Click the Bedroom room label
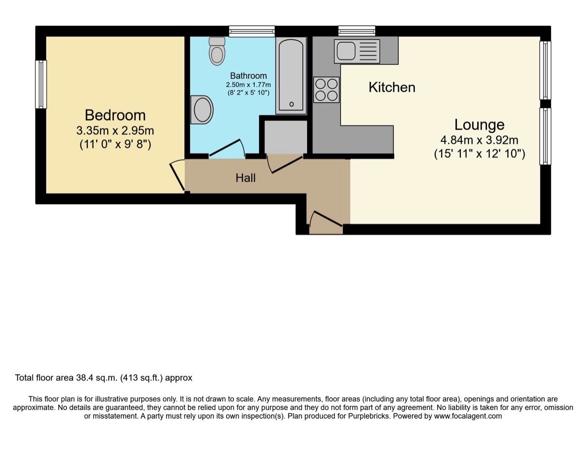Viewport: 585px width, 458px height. (x=115, y=115)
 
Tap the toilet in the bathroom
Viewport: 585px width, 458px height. (x=217, y=51)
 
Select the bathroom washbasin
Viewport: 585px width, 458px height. (x=202, y=110)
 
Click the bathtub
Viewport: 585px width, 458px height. (x=291, y=76)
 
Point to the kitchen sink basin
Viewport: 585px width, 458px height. (x=345, y=51)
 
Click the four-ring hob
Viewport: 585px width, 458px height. (x=326, y=90)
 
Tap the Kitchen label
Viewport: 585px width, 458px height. (x=392, y=87)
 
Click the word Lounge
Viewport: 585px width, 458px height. (x=479, y=125)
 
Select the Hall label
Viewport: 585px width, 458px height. (x=245, y=178)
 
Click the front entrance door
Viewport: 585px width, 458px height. (x=326, y=219)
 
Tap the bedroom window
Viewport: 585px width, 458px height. (x=41, y=84)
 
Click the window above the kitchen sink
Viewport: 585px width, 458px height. (x=357, y=31)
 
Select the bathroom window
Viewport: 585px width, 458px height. (x=252, y=31)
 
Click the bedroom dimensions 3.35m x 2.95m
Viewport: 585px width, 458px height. (x=115, y=131)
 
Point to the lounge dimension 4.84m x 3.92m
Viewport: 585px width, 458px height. (x=479, y=140)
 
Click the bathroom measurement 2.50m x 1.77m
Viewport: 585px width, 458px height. (x=248, y=85)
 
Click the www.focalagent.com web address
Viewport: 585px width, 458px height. (x=468, y=416)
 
